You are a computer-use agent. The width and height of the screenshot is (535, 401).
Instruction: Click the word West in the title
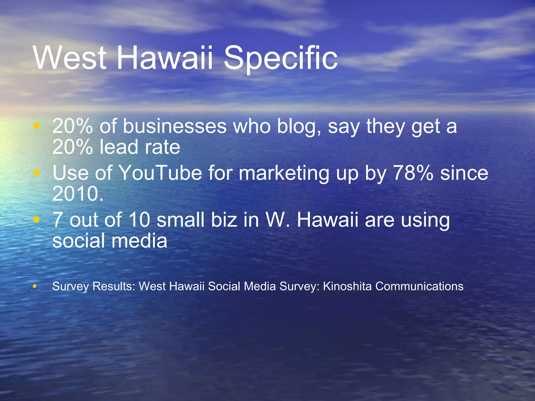70,58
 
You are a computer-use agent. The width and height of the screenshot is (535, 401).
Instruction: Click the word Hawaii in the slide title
165,58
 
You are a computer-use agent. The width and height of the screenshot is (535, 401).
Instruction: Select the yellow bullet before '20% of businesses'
37,126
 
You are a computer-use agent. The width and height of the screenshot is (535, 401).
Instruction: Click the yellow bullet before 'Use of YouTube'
37,173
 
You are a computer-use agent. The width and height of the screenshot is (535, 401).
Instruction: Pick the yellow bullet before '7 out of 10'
37,219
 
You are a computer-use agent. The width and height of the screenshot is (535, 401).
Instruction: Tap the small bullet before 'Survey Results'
34,286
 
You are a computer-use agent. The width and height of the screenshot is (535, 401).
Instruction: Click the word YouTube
160,173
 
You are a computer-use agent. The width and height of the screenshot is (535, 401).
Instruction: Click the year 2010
78,194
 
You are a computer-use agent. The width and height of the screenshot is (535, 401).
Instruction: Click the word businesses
175,127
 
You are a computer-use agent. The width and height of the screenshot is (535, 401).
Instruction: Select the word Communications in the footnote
419,286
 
